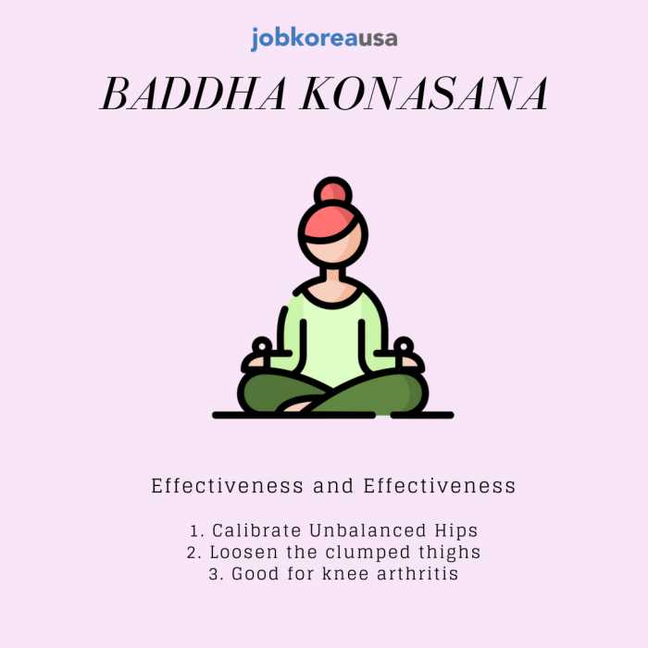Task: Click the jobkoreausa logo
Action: tap(324, 39)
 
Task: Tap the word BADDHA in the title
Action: tap(193, 93)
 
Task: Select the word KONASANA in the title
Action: tap(424, 93)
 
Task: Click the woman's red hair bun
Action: tap(333, 193)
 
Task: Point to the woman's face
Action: tap(334, 246)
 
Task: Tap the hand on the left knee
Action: tap(257, 355)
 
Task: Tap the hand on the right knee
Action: tap(408, 355)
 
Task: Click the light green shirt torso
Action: tap(332, 339)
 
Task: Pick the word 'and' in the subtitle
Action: tap(333, 486)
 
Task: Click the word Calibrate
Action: tap(256, 530)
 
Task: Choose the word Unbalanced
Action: tap(368, 530)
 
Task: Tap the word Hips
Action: tap(456, 531)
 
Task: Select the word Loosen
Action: tap(243, 552)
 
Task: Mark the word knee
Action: tap(345, 574)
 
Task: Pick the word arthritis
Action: tap(417, 574)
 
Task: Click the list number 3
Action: tap(214, 574)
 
